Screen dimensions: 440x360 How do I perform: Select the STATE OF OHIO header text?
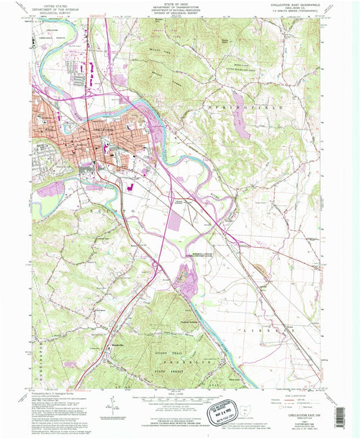(x=178, y=5)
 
